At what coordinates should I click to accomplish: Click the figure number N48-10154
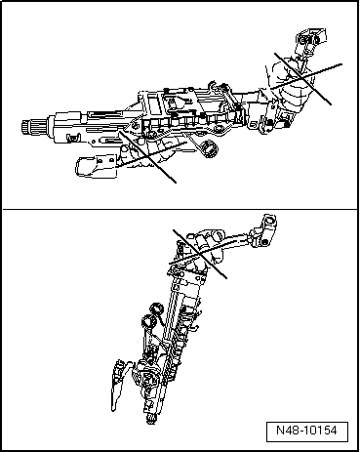pos(312,430)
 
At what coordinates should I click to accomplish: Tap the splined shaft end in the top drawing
pos(30,127)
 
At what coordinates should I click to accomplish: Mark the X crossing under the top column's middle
pos(146,155)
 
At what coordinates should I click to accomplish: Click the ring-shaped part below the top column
pos(207,149)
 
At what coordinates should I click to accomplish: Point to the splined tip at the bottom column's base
pos(151,420)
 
